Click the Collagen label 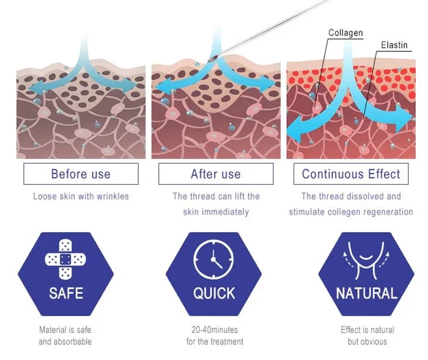345,33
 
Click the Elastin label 394,45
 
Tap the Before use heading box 81,174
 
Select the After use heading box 216,174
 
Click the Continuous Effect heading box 351,174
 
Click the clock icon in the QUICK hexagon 214,260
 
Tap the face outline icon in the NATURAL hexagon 367,260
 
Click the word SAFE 67,293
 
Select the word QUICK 214,293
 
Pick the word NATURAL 367,293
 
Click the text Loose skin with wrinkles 81,196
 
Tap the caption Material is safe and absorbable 66,336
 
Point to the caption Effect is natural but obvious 367,336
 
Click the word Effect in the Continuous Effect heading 380,174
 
